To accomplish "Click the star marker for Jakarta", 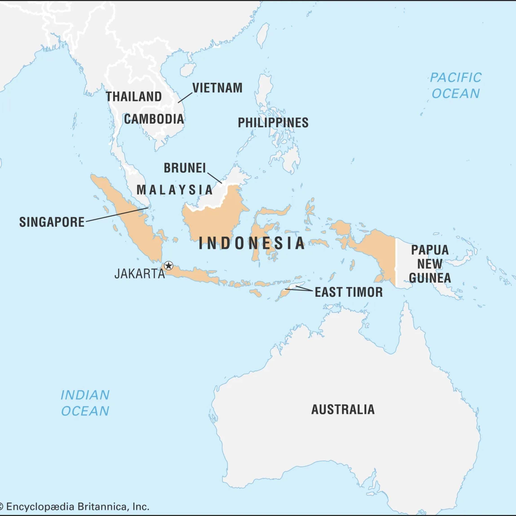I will coord(168,265).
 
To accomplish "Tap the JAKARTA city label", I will coord(140,274).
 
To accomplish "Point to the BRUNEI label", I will coord(185,168).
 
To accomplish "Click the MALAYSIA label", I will coord(175,190).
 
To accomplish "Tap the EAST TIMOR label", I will coord(348,292).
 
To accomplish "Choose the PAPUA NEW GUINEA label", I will coord(430,264).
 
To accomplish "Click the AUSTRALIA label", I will coord(343,409).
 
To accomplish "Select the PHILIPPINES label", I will coord(273,123).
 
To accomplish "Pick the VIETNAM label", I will coord(217,88).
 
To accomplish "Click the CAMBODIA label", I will coord(154,119).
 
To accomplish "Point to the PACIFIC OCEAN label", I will coord(456,86).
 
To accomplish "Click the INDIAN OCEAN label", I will coord(85,403).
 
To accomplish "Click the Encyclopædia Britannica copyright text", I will coord(75,506).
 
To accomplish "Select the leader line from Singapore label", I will coord(117,214).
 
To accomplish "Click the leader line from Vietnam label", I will coord(185,98).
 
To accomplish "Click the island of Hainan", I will coord(188,70).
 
